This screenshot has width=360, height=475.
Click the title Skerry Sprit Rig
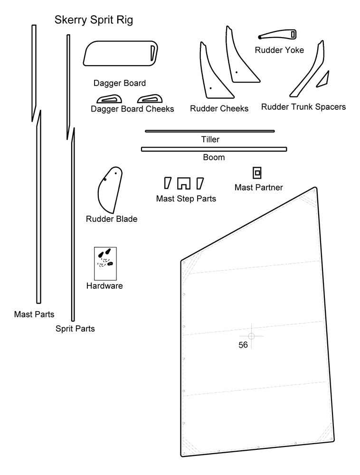(94, 20)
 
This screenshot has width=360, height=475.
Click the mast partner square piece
(257, 172)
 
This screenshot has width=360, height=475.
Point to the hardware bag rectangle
(105, 263)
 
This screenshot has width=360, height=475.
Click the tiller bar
(209, 131)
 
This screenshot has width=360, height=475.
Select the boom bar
(214, 149)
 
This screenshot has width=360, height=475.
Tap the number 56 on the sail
(243, 345)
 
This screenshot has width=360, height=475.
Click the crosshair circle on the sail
(252, 336)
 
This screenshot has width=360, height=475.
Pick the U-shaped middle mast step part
(184, 183)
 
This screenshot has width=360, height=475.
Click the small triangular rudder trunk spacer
(323, 80)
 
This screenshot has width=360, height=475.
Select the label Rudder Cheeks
(219, 109)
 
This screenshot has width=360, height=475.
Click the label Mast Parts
(34, 314)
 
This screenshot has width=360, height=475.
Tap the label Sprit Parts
(75, 328)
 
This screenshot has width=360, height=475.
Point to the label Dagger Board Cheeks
(132, 109)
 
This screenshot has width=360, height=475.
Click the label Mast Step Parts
(186, 199)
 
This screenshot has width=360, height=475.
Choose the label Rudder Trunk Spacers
(303, 107)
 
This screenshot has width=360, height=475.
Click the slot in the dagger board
(153, 53)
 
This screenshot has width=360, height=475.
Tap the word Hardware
(104, 286)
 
